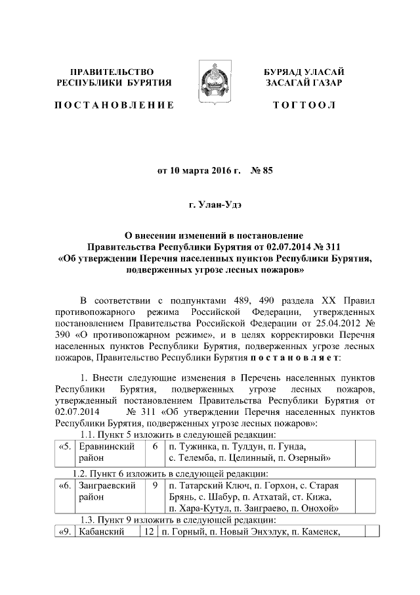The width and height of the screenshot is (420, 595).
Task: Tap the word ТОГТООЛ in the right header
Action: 304,105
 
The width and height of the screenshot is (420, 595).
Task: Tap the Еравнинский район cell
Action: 106,452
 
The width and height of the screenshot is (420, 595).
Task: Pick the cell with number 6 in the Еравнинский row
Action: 154,446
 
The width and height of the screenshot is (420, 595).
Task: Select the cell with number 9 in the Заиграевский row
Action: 154,485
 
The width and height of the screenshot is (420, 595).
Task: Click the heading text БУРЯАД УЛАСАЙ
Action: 304,71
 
